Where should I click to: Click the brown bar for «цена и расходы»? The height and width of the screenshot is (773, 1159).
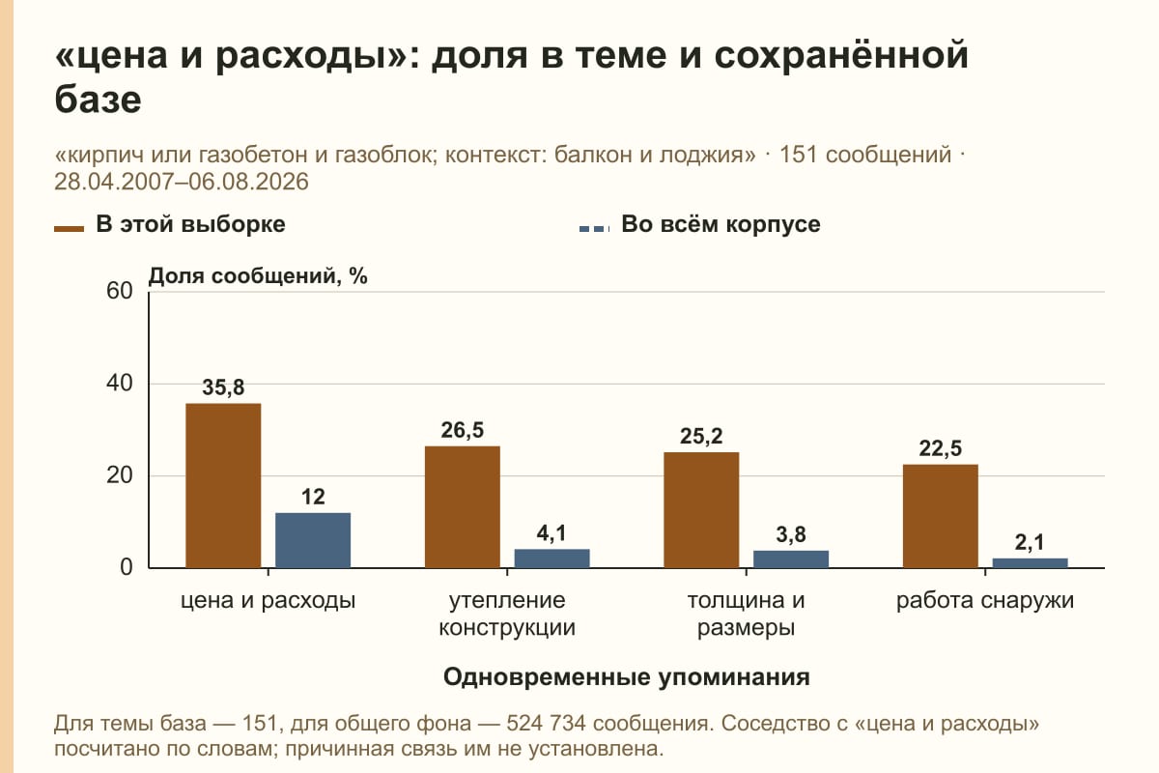223,486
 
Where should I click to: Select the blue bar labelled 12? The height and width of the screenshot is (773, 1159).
313,540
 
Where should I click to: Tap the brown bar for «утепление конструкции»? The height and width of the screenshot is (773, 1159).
462,507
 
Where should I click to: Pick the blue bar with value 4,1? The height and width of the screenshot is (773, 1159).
551,558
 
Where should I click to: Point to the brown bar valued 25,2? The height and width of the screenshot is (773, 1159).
701,510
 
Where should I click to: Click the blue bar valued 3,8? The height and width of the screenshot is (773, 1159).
791,559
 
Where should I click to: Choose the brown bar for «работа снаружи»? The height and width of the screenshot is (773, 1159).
940,516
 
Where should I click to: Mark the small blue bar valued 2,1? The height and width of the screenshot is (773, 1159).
1030,562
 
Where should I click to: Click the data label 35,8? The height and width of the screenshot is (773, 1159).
223,387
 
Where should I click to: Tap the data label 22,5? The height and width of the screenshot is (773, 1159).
940,448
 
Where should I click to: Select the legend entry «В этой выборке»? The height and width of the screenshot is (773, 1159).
170,225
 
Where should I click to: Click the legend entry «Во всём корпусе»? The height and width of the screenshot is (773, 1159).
699,225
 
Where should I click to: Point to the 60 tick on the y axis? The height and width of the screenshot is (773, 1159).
120,291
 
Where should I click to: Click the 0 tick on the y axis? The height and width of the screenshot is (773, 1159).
127,568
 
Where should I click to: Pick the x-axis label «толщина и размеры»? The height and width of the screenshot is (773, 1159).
746,614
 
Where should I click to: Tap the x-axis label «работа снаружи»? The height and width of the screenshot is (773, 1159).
984,601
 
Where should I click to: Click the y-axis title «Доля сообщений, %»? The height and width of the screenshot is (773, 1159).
258,276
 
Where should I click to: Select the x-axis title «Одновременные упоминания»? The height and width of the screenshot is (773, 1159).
626,676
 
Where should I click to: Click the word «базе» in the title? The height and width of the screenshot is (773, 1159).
98,100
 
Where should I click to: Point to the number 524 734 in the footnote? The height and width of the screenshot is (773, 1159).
546,724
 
